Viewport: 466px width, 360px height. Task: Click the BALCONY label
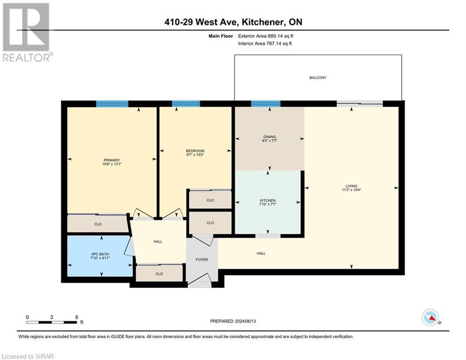[318, 77]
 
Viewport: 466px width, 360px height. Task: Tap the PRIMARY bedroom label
[112, 159]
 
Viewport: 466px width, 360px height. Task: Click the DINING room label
[269, 137]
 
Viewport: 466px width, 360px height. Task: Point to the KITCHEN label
[267, 200]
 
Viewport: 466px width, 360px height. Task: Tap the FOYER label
[201, 259]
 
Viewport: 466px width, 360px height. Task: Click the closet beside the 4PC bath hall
[159, 273]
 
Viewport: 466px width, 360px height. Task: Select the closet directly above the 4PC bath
[98, 224]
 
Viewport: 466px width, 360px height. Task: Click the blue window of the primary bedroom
[112, 104]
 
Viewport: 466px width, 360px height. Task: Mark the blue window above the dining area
[266, 104]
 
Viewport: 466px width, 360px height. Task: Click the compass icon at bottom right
[430, 317]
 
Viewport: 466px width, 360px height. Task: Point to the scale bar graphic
[52, 322]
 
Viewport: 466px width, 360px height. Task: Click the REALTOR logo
[27, 32]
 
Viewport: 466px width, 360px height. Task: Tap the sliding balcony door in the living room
[360, 104]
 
